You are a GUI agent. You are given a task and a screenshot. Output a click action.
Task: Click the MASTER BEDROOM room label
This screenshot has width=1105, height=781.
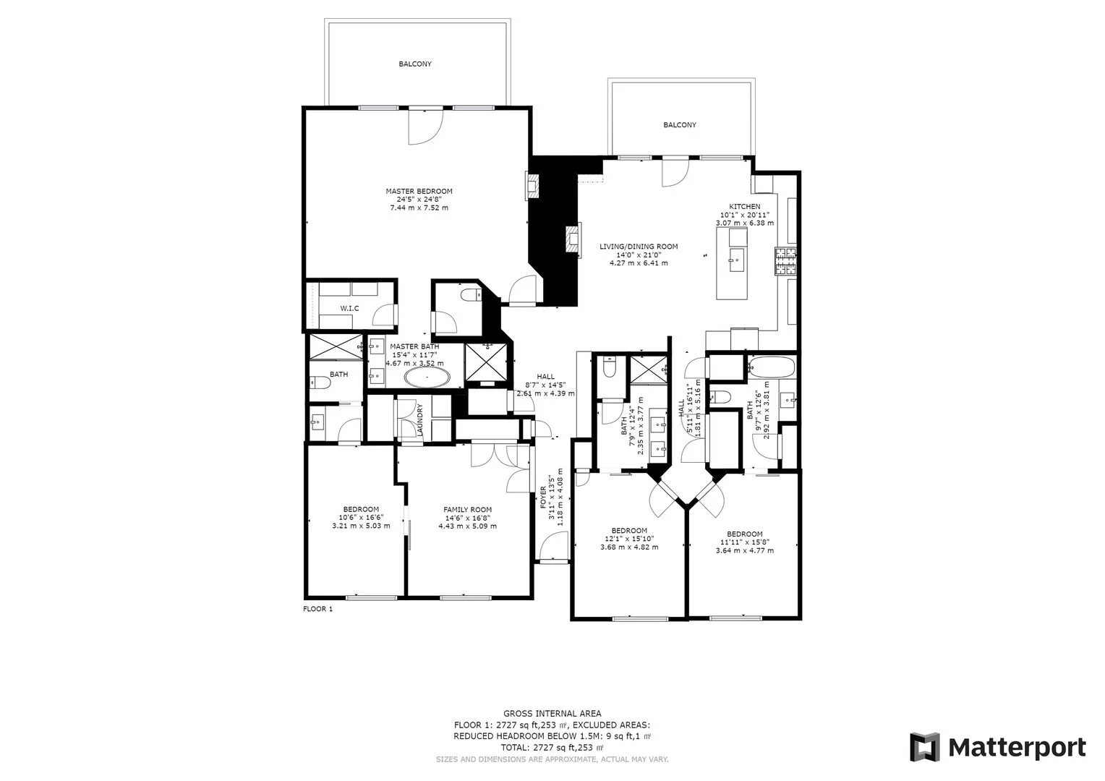tap(419, 192)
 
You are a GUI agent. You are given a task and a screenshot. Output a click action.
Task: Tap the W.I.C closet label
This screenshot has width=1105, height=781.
tap(349, 309)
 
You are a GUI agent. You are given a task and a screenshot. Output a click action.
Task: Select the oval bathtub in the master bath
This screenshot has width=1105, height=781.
tap(427, 377)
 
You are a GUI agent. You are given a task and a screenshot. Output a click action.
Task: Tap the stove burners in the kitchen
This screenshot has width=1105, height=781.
tap(786, 263)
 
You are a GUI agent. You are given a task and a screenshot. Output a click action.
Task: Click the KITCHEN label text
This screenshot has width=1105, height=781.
tap(744, 207)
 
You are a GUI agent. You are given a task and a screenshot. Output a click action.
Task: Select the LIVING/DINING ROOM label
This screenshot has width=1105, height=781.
tap(639, 247)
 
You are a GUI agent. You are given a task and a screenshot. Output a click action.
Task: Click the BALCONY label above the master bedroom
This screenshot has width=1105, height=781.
tap(415, 64)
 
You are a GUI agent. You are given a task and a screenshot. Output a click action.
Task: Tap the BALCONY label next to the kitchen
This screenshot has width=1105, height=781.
tap(680, 125)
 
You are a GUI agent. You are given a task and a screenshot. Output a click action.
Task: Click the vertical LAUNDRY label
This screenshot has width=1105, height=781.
tap(419, 420)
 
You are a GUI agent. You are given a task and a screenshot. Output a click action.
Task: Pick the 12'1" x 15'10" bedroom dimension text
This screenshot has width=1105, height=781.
tap(629, 539)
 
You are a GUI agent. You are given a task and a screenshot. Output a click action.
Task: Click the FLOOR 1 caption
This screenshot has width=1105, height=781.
tap(317, 609)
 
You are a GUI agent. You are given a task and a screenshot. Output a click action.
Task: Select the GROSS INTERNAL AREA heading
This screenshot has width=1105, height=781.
tap(552, 714)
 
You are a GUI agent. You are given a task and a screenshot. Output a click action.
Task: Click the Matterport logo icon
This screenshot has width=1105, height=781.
tap(924, 747)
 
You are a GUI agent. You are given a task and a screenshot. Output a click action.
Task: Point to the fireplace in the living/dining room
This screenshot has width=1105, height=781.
tap(572, 240)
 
